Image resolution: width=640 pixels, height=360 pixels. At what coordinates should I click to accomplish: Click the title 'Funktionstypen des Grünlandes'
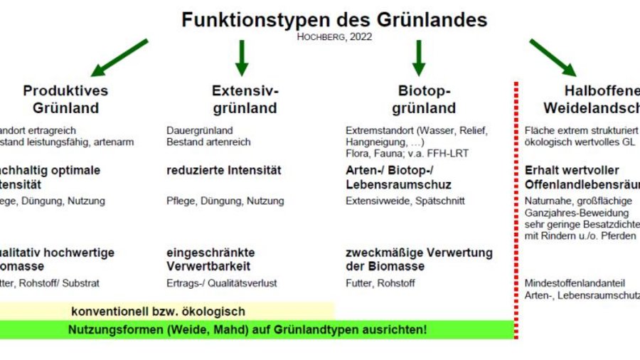click(334, 18)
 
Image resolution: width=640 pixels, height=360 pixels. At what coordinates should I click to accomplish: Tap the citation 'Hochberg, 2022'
click(334, 37)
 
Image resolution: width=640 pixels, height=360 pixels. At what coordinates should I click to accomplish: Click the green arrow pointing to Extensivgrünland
click(242, 58)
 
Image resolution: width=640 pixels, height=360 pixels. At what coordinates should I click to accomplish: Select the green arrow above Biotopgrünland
click(418, 58)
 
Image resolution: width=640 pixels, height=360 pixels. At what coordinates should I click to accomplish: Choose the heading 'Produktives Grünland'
click(65, 100)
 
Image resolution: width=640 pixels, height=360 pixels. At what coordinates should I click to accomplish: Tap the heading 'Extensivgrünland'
click(245, 100)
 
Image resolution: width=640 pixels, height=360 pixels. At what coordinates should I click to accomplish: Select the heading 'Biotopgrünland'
click(424, 100)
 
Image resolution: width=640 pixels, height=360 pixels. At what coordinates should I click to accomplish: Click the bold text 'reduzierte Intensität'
click(224, 171)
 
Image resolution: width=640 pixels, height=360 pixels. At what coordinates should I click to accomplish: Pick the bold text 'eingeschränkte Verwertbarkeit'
click(210, 260)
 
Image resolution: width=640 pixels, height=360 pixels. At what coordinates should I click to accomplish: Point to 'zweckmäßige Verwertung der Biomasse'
click(419, 260)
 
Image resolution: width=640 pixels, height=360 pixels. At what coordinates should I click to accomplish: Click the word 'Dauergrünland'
click(200, 132)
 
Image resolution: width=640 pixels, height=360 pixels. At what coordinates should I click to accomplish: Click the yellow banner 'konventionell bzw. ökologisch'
click(158, 312)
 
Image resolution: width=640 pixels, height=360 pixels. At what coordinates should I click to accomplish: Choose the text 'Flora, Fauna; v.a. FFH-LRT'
click(407, 154)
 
